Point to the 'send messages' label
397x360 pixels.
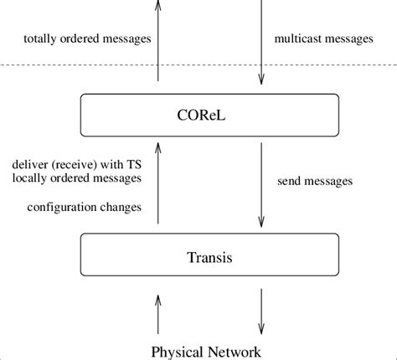point(314,180)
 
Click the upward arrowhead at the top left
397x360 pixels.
point(158,5)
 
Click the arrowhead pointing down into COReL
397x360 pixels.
point(261,80)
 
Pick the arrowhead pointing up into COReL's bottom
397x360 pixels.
point(158,147)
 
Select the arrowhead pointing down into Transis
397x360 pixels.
point(261,222)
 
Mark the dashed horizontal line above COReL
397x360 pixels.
point(335,65)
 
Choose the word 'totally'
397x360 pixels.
point(39,38)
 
